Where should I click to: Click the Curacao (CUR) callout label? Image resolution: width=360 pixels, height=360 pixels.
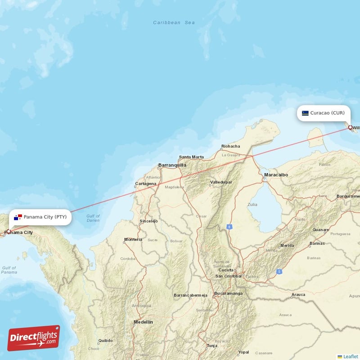[324, 113]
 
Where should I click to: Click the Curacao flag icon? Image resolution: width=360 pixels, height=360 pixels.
[305, 113]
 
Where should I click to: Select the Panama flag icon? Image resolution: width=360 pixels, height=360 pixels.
[18, 217]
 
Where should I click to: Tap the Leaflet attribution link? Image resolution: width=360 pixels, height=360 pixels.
[351, 356]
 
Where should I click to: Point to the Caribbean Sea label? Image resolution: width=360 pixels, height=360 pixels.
[174, 22]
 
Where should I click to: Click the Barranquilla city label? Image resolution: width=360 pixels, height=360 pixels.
[172, 165]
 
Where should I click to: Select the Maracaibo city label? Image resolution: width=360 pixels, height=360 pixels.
[276, 175]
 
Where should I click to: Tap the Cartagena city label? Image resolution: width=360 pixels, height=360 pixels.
[146, 184]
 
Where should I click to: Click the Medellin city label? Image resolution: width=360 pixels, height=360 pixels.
[143, 322]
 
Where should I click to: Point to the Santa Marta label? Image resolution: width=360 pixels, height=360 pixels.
[191, 157]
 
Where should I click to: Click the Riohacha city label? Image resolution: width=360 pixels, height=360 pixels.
[230, 146]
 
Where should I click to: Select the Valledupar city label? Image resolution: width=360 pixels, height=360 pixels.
[221, 182]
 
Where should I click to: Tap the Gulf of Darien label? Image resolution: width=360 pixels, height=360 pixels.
[93, 218]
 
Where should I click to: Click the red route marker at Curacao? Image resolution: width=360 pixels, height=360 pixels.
[350, 127]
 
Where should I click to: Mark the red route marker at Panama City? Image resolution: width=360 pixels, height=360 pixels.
[8, 231]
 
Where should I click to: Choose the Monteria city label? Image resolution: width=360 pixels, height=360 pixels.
[133, 239]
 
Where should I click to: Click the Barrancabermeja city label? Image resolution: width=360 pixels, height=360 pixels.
[190, 295]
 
